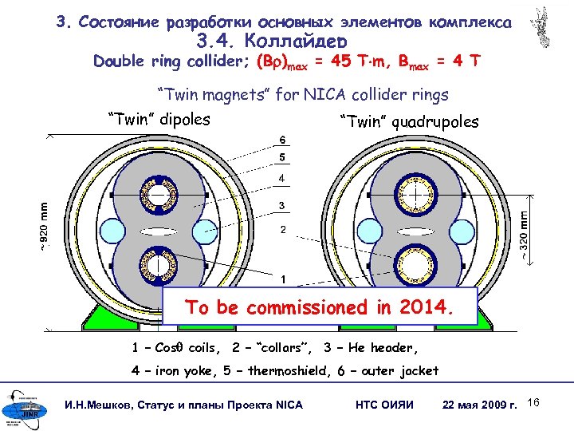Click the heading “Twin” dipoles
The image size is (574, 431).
point(159,121)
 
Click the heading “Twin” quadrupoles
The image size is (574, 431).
point(409,122)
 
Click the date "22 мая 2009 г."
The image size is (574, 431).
point(480,405)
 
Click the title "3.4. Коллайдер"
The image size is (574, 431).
point(270,42)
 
